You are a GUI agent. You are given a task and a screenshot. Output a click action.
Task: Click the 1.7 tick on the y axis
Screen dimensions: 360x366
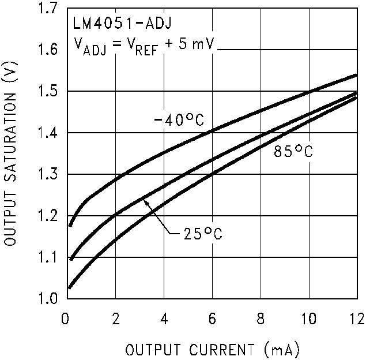[x=49, y=9]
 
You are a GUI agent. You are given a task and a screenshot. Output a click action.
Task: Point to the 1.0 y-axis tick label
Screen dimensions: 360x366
[x=49, y=299]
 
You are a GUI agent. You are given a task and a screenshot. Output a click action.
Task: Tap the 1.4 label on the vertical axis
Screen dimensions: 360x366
[x=49, y=133]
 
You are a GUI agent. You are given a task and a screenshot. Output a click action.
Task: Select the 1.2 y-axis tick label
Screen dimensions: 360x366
[x=49, y=216]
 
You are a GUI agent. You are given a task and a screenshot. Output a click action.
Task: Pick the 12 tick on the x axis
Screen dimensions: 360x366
[x=356, y=318]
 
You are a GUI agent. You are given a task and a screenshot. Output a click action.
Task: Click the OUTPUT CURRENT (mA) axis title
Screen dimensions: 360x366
[x=213, y=350]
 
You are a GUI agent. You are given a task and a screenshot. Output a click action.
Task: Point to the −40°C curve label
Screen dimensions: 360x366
[x=179, y=121]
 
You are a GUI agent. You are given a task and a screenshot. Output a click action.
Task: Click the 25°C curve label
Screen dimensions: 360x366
[x=202, y=234]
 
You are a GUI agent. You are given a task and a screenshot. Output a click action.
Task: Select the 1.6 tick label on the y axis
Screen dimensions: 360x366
[x=49, y=50]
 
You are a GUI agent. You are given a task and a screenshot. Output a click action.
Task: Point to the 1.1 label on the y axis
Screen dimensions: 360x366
[x=49, y=257]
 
